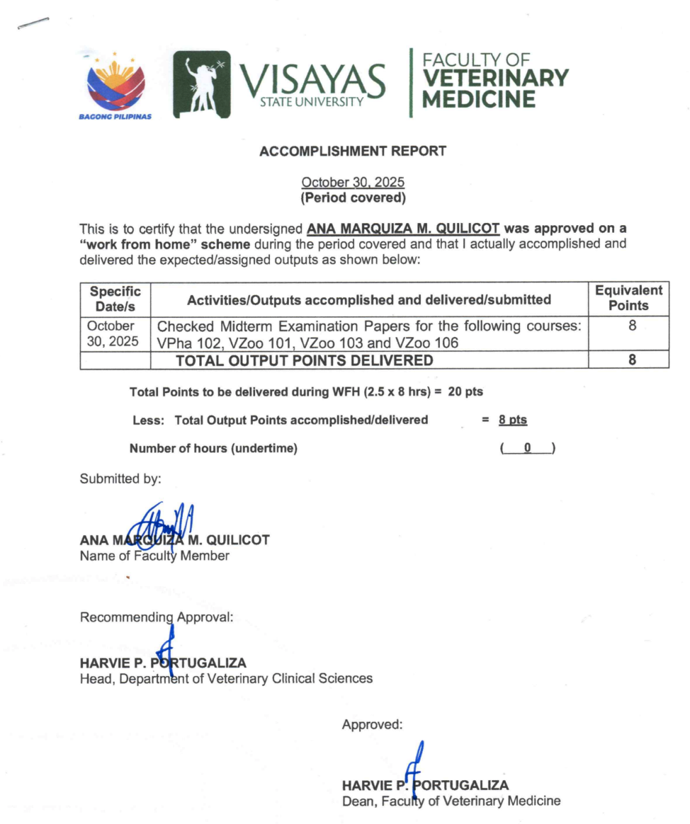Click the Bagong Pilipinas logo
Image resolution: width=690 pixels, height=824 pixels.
coord(115,84)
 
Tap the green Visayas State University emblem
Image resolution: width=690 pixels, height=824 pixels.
coord(202,84)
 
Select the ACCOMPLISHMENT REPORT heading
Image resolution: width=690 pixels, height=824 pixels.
coord(353,151)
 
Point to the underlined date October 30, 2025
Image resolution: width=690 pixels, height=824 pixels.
coord(353,183)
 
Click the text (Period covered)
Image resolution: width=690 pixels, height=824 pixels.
coord(353,198)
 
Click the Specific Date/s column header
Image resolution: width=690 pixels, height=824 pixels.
coord(115,299)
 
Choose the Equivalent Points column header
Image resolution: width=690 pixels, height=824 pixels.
coord(628,299)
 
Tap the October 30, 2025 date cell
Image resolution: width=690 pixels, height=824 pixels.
coord(113,334)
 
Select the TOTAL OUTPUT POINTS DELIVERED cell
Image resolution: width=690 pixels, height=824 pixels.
coord(304,360)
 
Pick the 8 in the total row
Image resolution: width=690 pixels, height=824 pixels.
coord(632,360)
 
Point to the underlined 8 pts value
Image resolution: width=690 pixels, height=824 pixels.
coord(512,420)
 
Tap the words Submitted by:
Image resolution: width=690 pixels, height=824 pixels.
coord(120,479)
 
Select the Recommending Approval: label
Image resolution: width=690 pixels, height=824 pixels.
coord(157,617)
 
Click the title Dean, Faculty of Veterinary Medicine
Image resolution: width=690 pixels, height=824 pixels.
coord(451,801)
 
